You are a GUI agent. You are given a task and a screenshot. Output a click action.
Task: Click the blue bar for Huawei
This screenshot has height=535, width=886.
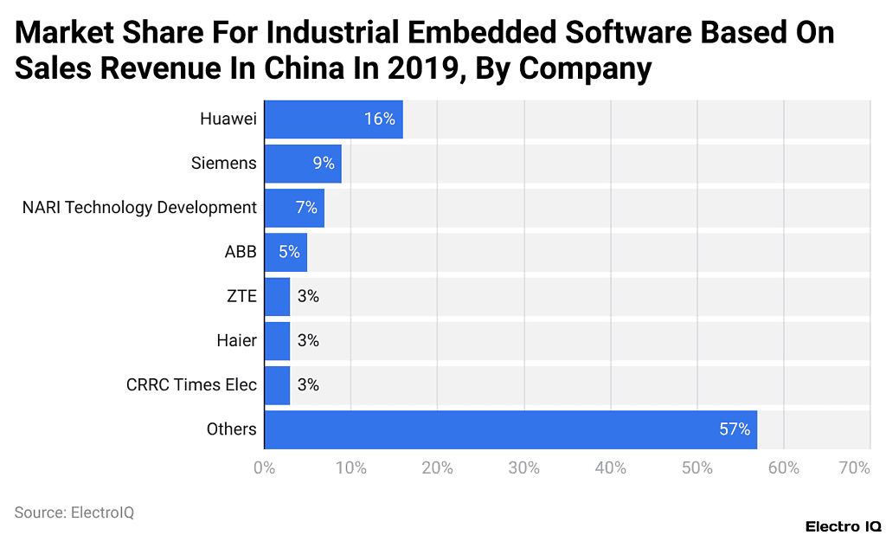click(x=333, y=119)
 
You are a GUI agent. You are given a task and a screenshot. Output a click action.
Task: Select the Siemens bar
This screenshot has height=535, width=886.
click(x=303, y=164)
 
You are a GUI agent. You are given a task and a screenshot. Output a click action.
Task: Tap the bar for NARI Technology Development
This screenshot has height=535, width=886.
click(x=294, y=208)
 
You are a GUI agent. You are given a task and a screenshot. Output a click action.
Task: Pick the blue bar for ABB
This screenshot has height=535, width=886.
click(x=286, y=252)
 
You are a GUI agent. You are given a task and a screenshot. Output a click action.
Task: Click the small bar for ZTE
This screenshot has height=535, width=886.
click(x=277, y=296)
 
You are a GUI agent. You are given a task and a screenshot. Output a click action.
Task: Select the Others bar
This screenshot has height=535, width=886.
click(x=510, y=429)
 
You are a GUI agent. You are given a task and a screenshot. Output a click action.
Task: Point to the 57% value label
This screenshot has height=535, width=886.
click(x=734, y=429)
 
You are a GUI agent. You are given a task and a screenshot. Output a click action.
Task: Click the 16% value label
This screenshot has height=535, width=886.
click(x=379, y=119)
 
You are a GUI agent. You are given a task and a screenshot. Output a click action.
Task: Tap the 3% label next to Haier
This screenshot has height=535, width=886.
click(x=308, y=341)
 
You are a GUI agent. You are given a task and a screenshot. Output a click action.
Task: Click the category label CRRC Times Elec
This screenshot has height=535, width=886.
click(x=191, y=385)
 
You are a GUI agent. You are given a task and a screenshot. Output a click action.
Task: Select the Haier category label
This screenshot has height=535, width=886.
click(x=236, y=341)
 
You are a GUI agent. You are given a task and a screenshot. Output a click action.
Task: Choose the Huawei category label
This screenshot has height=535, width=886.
click(x=228, y=119)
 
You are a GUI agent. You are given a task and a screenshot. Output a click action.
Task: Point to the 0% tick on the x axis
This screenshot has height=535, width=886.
click(x=264, y=468)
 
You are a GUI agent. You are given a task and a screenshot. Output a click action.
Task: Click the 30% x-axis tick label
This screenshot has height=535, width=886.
click(x=524, y=468)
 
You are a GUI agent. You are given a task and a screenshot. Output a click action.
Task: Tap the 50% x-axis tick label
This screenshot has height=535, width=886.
click(x=697, y=468)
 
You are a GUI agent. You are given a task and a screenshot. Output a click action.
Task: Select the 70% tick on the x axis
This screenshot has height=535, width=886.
click(x=854, y=468)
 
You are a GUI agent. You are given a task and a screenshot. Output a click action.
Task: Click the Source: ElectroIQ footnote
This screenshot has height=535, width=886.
click(x=74, y=512)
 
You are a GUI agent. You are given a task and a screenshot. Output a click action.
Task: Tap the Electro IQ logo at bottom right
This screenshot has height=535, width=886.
click(x=843, y=526)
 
